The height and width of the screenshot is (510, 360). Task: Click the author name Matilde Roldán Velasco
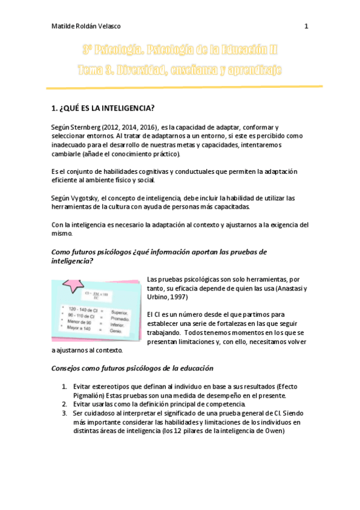[x=85, y=26]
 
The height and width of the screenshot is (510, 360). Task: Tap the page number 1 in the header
[x=307, y=26]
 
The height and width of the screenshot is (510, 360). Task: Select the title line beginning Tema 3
[x=180, y=70]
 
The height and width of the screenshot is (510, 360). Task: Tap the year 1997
[x=178, y=297]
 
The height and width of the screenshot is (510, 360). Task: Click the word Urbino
[x=159, y=297]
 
